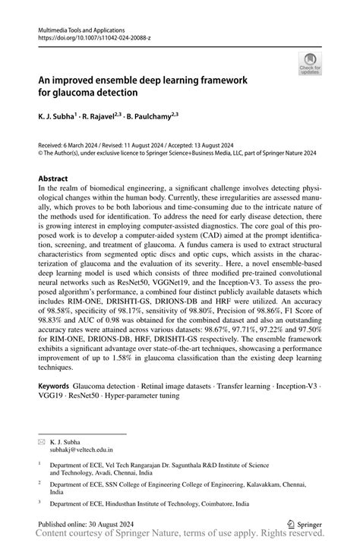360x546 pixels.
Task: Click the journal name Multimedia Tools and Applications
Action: pos(81,27)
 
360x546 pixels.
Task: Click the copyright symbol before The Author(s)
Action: pos(40,152)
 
